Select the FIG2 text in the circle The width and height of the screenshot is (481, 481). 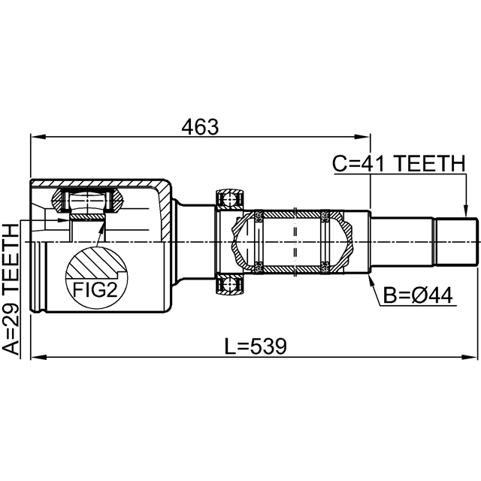tap(94, 289)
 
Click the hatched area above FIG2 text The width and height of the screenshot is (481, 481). tap(94, 264)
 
